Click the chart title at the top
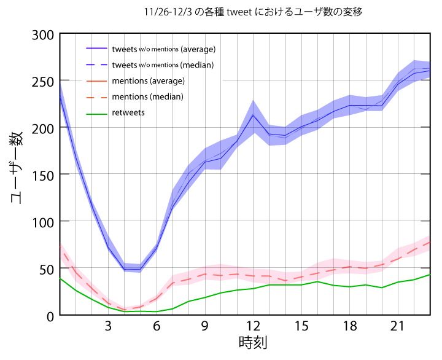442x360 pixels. click(253, 12)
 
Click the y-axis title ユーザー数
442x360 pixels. click(17, 168)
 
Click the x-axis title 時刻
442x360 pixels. click(253, 343)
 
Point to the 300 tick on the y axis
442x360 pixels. click(42, 36)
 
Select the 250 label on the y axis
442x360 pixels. click(42, 82)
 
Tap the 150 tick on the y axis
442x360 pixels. click(42, 176)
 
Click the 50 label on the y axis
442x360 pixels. click(47, 270)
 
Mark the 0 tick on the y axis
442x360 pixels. click(50, 317)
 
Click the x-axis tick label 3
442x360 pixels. click(108, 326)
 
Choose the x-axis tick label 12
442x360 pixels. click(253, 326)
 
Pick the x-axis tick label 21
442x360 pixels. click(398, 326)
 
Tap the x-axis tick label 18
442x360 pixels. click(350, 326)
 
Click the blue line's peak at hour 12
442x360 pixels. click(253, 115)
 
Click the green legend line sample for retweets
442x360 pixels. click(97, 114)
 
